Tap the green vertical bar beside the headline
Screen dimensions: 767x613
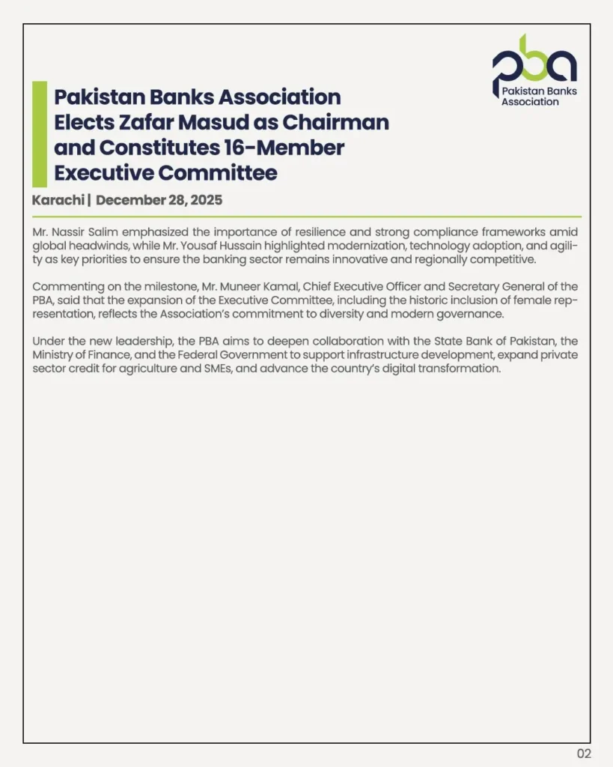pos(40,134)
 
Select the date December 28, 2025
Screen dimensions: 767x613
pos(159,200)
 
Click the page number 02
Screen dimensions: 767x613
pos(584,754)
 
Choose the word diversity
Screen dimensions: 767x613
pos(365,315)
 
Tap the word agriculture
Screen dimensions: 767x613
pos(150,369)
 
